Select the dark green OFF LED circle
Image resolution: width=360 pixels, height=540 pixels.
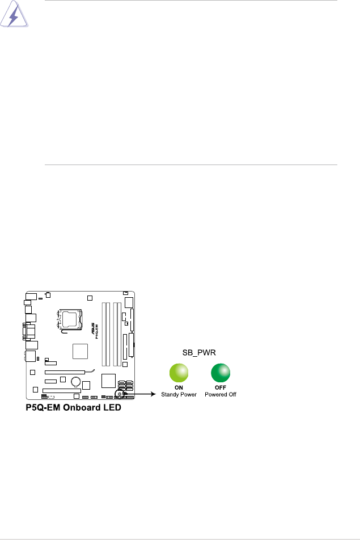[x=221, y=373]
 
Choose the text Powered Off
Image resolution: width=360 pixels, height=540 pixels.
[x=221, y=394]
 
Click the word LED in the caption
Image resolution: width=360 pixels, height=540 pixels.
[x=110, y=408]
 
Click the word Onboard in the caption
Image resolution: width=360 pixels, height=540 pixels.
[x=79, y=408]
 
